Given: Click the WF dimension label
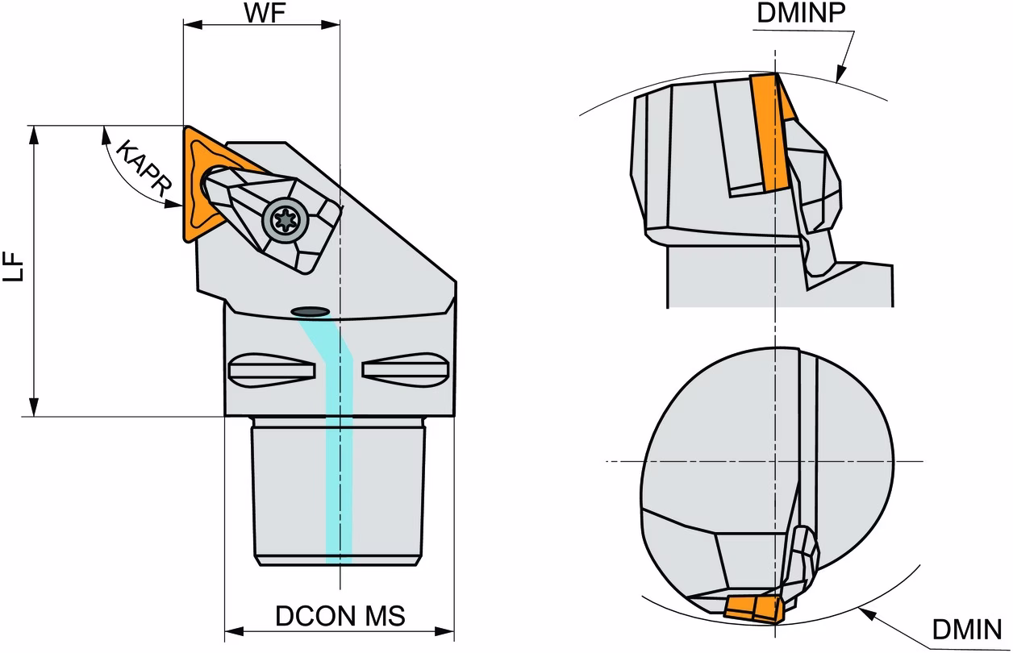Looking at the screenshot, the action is (x=265, y=13).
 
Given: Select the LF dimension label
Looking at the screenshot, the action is (x=13, y=267).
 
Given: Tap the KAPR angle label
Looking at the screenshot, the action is (x=144, y=169).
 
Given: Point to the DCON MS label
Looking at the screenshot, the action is (x=340, y=615).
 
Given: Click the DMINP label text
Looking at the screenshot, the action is (x=801, y=13).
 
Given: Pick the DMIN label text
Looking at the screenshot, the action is (x=967, y=629).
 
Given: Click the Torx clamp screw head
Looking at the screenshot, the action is (x=286, y=221).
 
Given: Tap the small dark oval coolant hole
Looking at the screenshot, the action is (x=310, y=311).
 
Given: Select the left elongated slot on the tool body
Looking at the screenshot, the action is (x=272, y=371).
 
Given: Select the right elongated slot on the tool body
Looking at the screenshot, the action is (x=405, y=370).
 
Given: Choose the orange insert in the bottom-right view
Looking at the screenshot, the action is (x=753, y=609).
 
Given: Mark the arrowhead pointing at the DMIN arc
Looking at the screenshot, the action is (x=867, y=614).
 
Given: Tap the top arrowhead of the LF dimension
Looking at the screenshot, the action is (x=33, y=135).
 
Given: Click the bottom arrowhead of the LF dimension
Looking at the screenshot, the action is (x=33, y=406).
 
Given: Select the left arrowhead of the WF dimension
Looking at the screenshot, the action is (x=193, y=24).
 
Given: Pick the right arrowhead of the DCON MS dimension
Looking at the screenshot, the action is (x=444, y=631).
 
